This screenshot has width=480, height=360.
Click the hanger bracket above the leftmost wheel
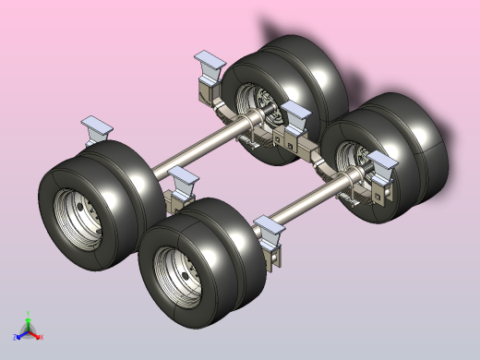pos(95,129)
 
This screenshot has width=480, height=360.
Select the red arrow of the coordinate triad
pos(42,337)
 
